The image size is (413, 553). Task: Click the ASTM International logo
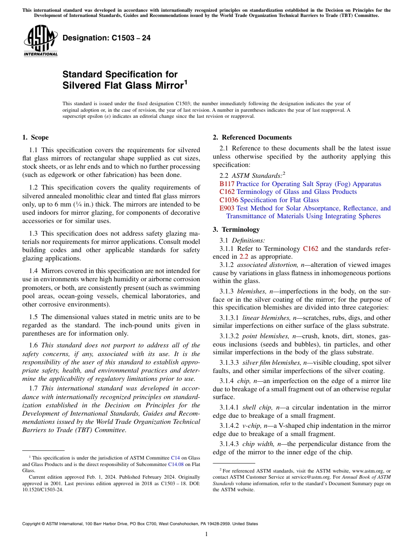coord(40,41)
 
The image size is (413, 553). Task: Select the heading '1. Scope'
coord(36,137)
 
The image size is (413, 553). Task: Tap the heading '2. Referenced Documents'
coord(252,137)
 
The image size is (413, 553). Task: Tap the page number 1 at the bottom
coord(206,534)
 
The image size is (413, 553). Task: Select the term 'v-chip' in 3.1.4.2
coord(252,426)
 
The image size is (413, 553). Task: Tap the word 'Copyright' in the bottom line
coord(34,523)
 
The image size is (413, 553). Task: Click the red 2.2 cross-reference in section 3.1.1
coord(243,257)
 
